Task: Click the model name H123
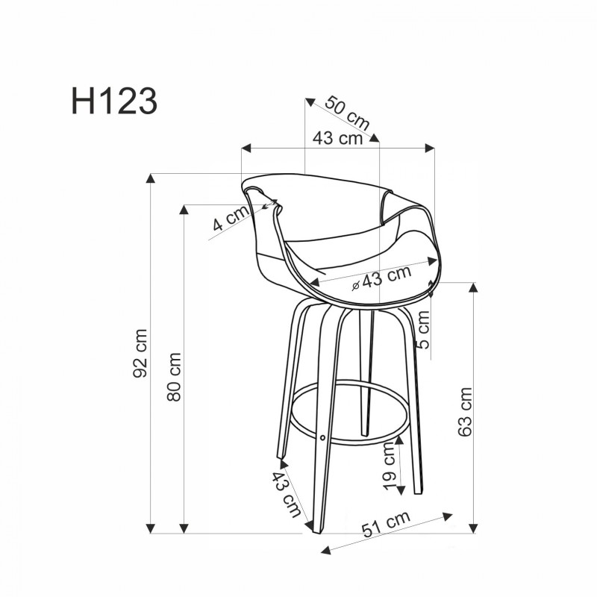click(114, 102)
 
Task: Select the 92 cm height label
click(140, 353)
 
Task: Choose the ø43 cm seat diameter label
click(381, 278)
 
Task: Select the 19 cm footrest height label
click(390, 466)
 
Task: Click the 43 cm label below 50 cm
click(337, 139)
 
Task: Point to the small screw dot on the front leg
click(322, 437)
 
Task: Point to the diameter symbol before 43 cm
click(357, 284)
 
